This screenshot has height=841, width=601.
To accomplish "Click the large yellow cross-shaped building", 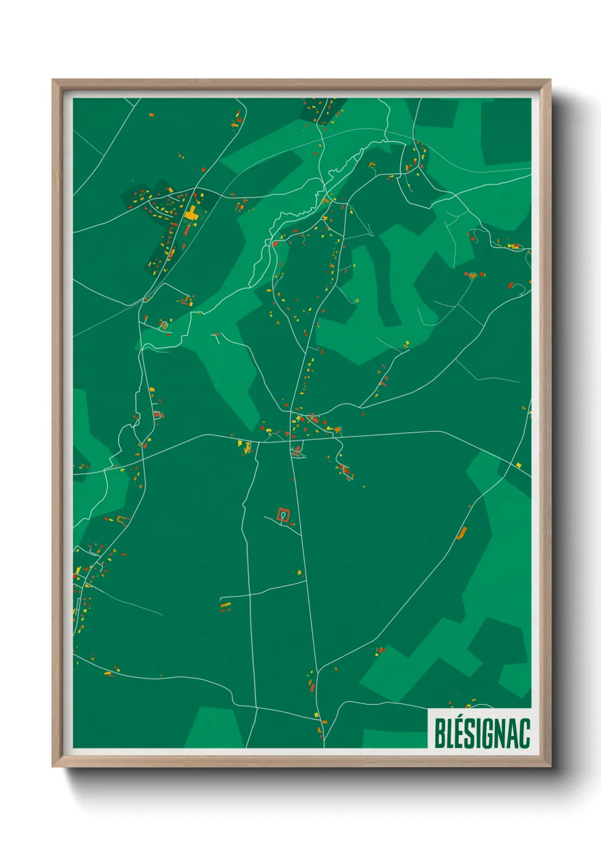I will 191,214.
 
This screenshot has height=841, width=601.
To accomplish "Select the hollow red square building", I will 283,515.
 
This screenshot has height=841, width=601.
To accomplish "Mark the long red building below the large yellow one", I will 186,230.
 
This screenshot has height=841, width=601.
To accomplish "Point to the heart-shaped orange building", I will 473,276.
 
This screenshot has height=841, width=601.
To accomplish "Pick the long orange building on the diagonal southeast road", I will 461,533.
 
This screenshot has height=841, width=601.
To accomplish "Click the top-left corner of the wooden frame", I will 53,80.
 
